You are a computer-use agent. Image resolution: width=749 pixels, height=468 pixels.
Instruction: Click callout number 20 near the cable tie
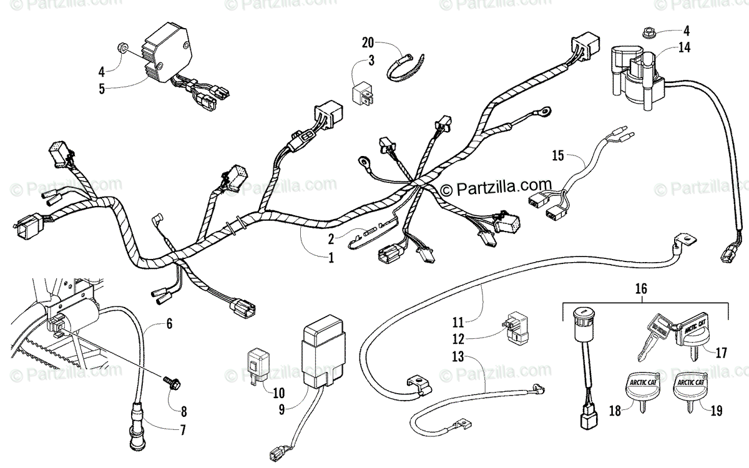pos(368,42)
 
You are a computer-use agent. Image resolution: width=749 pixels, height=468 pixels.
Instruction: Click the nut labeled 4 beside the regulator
pos(122,47)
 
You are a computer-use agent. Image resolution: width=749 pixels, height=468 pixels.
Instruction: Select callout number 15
pos(557,155)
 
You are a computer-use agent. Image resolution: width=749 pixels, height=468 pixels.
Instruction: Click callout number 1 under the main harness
pos(330,256)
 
